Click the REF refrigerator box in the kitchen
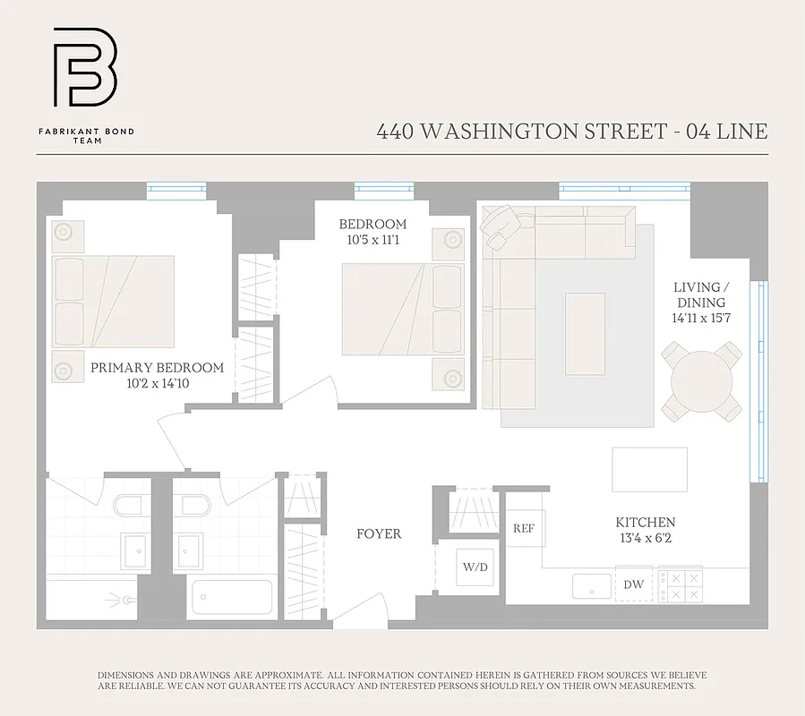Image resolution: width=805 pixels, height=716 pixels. point(523,528)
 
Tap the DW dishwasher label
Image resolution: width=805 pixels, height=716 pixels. point(633,584)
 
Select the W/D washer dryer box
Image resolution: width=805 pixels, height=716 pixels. point(475,566)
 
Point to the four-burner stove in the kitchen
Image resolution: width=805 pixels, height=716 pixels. point(680,585)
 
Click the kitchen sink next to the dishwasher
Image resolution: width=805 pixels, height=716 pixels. point(592,586)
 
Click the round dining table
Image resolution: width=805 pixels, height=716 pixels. point(702,382)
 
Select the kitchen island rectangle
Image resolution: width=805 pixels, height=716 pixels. point(649,469)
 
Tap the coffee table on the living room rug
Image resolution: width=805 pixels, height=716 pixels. point(585,320)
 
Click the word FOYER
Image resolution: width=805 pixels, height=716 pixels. point(379,533)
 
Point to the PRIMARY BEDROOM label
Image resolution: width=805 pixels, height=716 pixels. point(157,368)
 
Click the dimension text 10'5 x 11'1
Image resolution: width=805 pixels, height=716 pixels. point(373,240)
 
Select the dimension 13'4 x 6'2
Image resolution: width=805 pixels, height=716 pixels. point(645,538)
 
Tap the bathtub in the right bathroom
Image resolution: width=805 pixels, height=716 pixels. point(232,596)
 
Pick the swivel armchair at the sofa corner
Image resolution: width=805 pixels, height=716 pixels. point(500,224)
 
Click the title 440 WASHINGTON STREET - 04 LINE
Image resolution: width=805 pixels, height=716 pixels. point(571,132)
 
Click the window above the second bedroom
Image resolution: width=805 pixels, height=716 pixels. point(383,189)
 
